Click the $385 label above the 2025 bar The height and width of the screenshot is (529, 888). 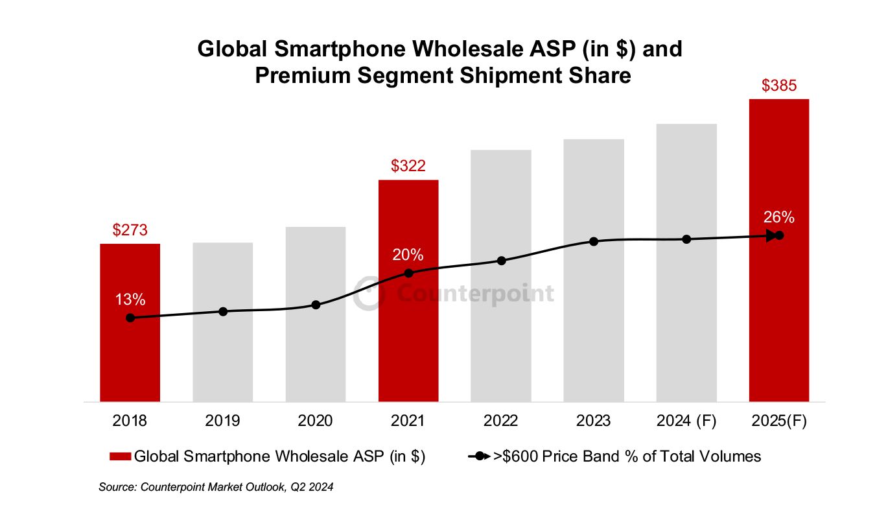(779, 86)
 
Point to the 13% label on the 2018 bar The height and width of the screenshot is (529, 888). (130, 300)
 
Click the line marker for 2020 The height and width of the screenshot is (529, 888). (316, 305)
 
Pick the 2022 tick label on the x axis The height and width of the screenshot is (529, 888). (501, 421)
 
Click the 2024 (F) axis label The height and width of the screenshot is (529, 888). (686, 421)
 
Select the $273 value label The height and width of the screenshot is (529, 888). (130, 230)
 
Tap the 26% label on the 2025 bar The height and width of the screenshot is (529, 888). (779, 217)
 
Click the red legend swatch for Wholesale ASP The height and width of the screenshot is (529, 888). (121, 456)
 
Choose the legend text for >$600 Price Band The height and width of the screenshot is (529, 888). (627, 456)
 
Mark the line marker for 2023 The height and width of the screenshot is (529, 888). (594, 241)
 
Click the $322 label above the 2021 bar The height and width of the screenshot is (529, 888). (408, 166)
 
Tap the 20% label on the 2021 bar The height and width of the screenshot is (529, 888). (408, 255)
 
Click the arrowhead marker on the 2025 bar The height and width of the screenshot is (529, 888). (771, 235)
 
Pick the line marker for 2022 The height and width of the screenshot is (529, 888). (501, 261)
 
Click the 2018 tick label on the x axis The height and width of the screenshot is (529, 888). (130, 421)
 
